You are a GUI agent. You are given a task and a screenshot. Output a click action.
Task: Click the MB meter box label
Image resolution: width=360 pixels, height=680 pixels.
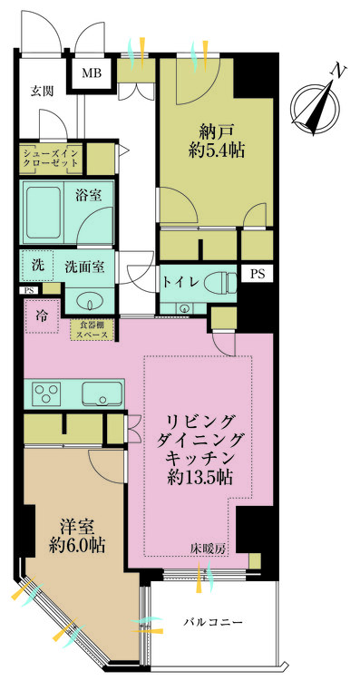92,73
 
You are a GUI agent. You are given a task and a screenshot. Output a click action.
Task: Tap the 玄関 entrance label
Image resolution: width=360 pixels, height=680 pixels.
42,91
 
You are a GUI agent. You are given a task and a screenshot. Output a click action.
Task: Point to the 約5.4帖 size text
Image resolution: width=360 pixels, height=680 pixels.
216,151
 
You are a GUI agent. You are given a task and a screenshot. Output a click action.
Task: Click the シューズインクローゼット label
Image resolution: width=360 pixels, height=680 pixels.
51,158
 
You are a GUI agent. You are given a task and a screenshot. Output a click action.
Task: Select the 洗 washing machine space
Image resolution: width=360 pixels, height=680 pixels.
36,267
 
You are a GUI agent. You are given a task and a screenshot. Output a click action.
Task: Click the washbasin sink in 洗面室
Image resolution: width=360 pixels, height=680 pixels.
89,305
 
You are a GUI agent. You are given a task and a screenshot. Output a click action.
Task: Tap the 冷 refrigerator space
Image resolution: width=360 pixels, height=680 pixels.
42,316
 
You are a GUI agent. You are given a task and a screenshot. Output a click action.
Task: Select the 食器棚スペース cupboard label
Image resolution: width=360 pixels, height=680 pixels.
92,330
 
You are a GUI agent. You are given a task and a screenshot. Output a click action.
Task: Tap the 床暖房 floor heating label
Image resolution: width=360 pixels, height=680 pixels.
208,549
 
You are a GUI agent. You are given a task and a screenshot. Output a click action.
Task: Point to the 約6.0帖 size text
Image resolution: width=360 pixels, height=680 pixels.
77,546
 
